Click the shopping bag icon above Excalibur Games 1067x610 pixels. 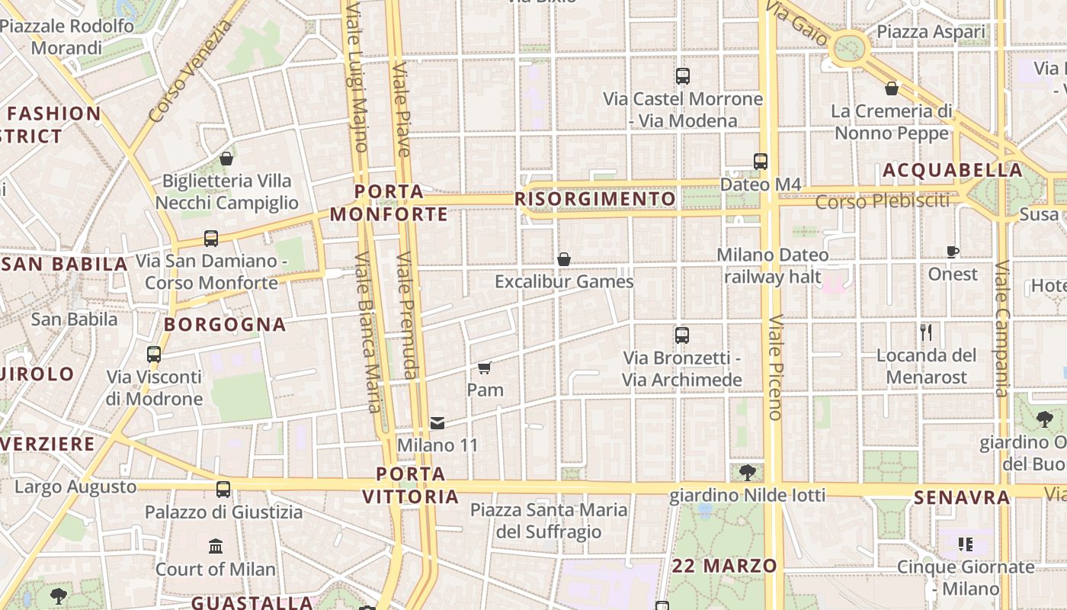pyautogui.click(x=564, y=260)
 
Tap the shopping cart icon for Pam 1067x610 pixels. pyautogui.click(x=485, y=368)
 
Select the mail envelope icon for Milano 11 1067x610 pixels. pyautogui.click(x=437, y=422)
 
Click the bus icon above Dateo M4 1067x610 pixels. pyautogui.click(x=761, y=162)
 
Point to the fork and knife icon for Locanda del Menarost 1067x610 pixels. pyautogui.click(x=926, y=332)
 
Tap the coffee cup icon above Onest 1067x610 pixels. pyautogui.click(x=953, y=252)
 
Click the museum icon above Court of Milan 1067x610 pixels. pyautogui.click(x=216, y=547)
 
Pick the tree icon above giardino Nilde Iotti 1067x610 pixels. pyautogui.click(x=747, y=473)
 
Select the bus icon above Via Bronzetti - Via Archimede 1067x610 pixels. pyautogui.click(x=682, y=335)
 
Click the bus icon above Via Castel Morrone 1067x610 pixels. pyautogui.click(x=683, y=76)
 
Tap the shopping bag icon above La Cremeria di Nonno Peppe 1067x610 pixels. pyautogui.click(x=892, y=89)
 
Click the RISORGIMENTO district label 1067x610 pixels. pyautogui.click(x=595, y=200)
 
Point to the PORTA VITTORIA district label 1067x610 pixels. pyautogui.click(x=411, y=486)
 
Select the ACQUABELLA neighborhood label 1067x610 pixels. pyautogui.click(x=953, y=171)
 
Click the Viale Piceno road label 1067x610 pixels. pyautogui.click(x=776, y=368)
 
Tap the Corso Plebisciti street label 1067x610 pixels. pyautogui.click(x=883, y=202)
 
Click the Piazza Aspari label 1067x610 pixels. pyautogui.click(x=931, y=32)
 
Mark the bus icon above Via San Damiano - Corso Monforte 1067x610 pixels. pyautogui.click(x=211, y=239)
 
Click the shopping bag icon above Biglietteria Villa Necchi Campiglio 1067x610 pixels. pyautogui.click(x=226, y=159)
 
